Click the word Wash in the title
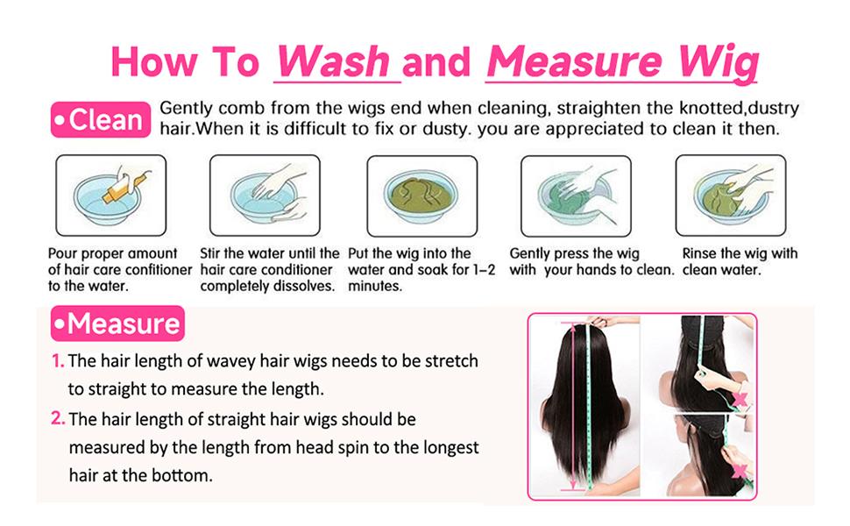point(334,60)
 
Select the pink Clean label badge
point(101,119)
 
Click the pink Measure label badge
point(117,323)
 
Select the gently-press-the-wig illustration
point(576,195)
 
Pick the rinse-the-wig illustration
point(731,195)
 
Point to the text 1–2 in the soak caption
point(484,269)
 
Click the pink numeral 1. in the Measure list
point(58,360)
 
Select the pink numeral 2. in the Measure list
point(58,418)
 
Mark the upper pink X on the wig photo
point(740,400)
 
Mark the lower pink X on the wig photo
point(740,471)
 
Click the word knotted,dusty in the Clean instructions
point(740,109)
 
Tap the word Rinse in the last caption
point(699,253)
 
